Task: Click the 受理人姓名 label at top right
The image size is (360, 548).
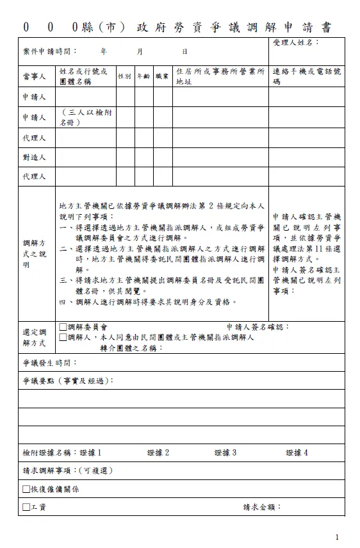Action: pyautogui.click(x=295, y=42)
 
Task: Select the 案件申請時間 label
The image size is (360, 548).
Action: pyautogui.click(x=49, y=51)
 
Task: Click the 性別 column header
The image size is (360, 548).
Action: pyautogui.click(x=124, y=76)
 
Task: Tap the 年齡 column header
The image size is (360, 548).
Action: pyautogui.click(x=143, y=76)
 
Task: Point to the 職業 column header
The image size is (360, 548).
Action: pyautogui.click(x=162, y=76)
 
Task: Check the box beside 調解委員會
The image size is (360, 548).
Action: pyautogui.click(x=63, y=327)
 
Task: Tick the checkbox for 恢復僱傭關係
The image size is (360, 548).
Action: pyautogui.click(x=26, y=489)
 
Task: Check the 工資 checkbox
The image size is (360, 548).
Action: pyautogui.click(x=26, y=507)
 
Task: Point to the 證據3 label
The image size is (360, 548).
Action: pyautogui.click(x=225, y=453)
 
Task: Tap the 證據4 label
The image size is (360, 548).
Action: pyautogui.click(x=297, y=453)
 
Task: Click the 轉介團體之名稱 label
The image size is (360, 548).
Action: pyautogui.click(x=131, y=348)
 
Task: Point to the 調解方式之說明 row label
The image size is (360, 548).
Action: pyautogui.click(x=35, y=254)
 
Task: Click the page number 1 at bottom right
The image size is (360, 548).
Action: pyautogui.click(x=337, y=536)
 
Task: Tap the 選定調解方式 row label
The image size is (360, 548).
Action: pyautogui.click(x=35, y=337)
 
